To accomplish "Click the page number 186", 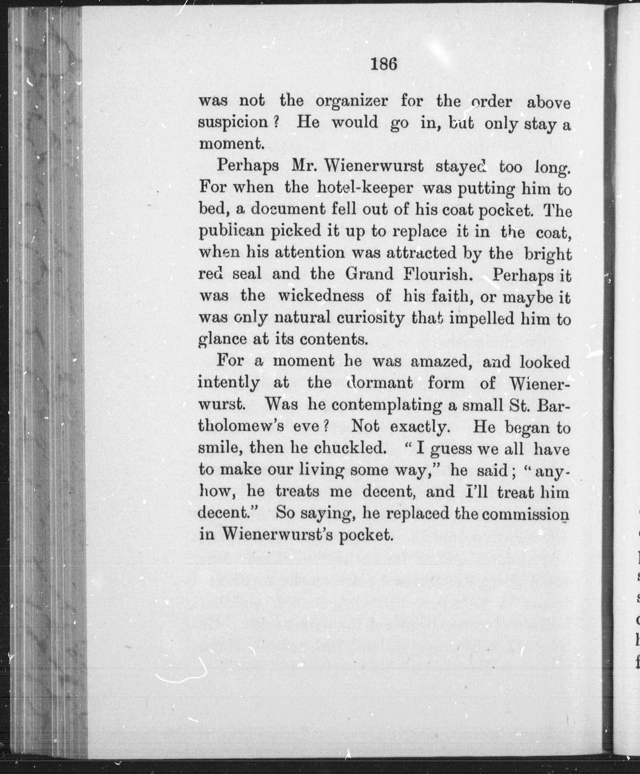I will tap(384, 64).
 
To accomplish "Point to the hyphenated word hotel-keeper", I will tap(365, 188).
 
